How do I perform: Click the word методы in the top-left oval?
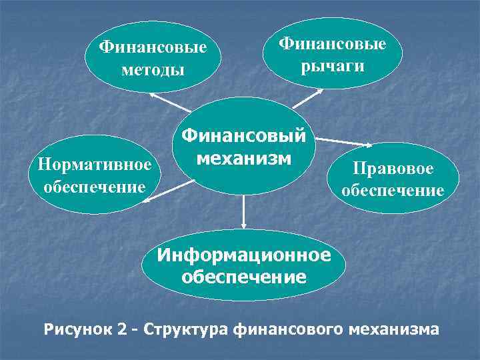[153, 69]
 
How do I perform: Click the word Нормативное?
[95, 163]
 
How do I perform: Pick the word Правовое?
[393, 169]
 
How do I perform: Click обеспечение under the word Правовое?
[393, 191]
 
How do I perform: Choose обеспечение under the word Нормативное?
[95, 185]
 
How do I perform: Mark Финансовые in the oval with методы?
[153, 47]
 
